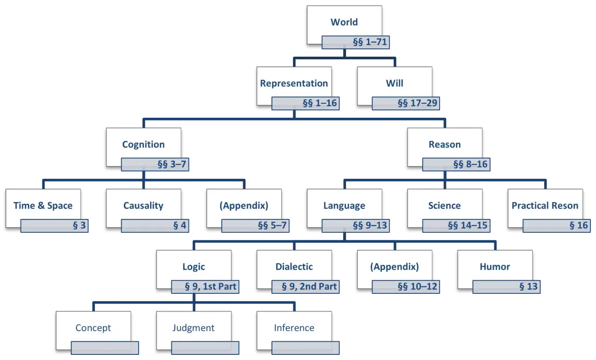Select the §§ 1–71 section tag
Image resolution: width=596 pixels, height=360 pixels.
[x=356, y=42]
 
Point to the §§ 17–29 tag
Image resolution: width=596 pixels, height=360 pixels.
[x=406, y=103]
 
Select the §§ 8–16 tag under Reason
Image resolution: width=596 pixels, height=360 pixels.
[x=456, y=164]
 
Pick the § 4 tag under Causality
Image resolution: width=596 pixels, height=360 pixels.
[x=155, y=225]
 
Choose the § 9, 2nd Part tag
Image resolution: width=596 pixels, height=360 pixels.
[x=305, y=287]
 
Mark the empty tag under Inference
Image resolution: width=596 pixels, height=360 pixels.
[x=305, y=348]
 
